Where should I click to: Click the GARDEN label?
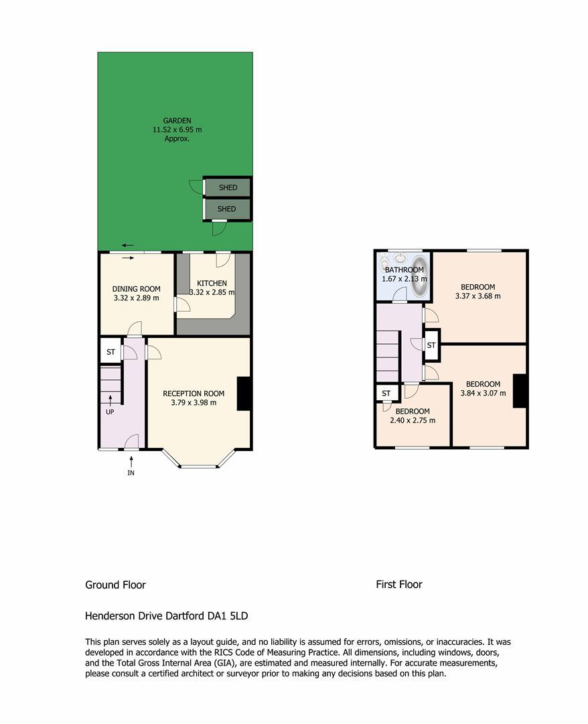coord(177,121)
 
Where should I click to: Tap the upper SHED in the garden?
coord(228,188)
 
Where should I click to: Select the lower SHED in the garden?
coord(227,208)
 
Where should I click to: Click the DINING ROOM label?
coord(137,289)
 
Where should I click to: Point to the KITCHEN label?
coord(212,283)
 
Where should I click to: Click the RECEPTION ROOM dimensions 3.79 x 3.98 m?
coord(194,403)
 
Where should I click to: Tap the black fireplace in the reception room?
coord(244,394)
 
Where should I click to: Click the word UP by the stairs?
coord(110,412)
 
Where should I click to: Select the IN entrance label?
coord(131,473)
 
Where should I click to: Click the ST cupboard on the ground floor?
coord(111,352)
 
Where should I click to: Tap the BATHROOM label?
coord(404,269)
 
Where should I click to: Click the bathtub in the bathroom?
coord(420,276)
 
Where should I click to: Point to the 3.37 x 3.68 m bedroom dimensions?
coord(477,296)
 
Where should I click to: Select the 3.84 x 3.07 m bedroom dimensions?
coord(483,394)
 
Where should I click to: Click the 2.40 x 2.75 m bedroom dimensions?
coord(413,420)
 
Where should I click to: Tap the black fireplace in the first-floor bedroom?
coord(520,391)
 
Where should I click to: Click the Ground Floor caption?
coord(115,585)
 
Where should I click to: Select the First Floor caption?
coord(399,585)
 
